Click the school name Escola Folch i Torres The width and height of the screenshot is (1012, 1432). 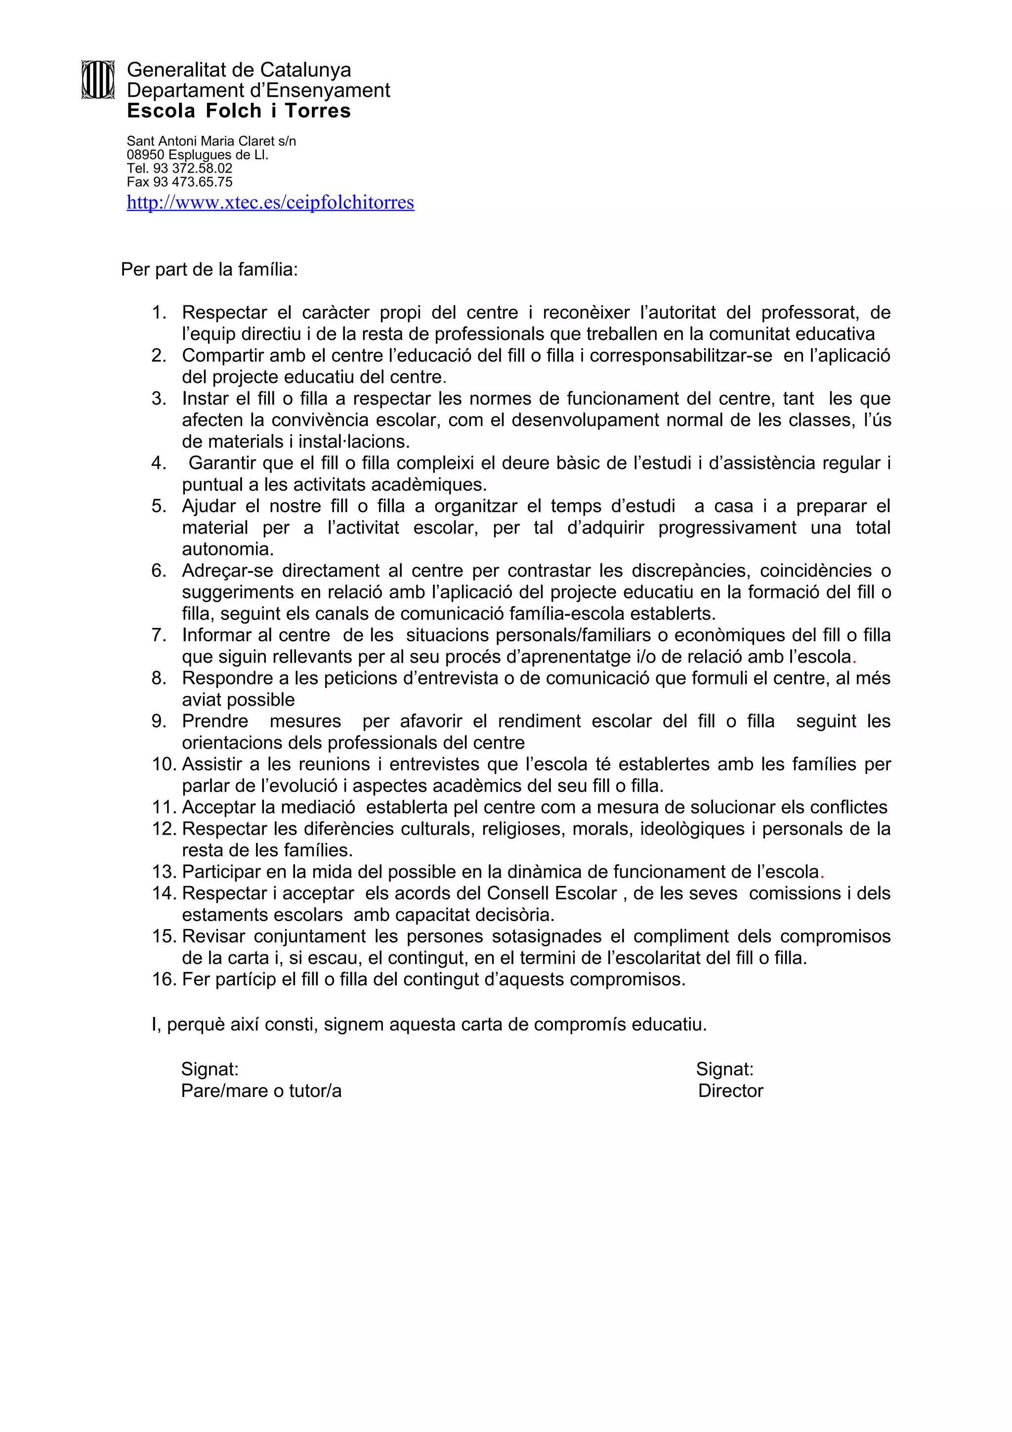click(239, 111)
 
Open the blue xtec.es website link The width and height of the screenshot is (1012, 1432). click(270, 203)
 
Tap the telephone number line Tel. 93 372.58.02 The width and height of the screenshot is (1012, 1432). click(179, 168)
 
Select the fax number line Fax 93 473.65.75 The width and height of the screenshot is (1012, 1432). click(179, 182)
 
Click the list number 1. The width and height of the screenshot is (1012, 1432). click(159, 312)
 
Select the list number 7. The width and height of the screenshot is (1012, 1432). click(159, 635)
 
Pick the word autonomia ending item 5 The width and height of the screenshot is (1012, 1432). click(228, 549)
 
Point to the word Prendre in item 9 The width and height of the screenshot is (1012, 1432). click(214, 721)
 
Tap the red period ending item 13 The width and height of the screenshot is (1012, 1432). click(822, 873)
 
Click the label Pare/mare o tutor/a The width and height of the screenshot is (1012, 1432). click(261, 1091)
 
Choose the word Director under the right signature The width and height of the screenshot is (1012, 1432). click(730, 1091)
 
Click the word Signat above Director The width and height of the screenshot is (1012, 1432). click(724, 1069)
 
